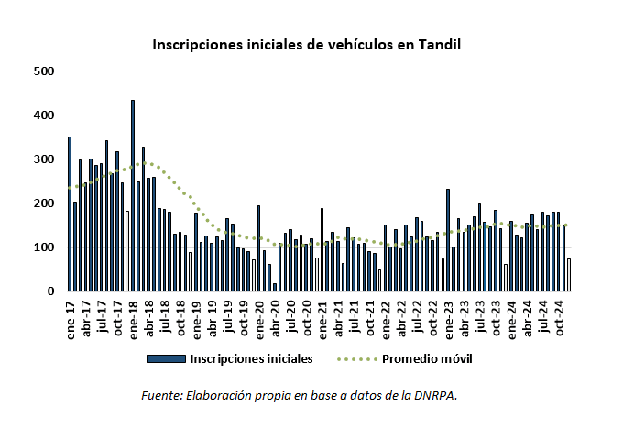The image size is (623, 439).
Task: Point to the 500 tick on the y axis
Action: point(44,71)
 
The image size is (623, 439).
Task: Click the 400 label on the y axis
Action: point(44,115)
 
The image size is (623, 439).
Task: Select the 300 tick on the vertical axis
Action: point(44,159)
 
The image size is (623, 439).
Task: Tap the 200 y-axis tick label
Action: point(44,203)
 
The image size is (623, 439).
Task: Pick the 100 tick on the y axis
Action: point(44,247)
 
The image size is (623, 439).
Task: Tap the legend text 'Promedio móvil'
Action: point(426,358)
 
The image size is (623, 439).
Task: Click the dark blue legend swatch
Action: point(166,358)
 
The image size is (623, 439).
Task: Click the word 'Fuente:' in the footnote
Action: point(162,395)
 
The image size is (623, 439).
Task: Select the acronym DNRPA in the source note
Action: point(436,395)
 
